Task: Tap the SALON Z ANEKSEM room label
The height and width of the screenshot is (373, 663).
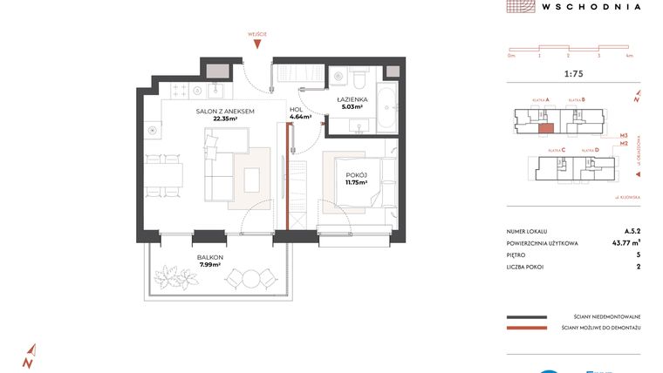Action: pyautogui.click(x=224, y=112)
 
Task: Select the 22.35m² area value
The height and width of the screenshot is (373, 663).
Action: pyautogui.click(x=224, y=119)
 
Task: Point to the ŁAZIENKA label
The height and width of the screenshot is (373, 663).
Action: pyautogui.click(x=352, y=100)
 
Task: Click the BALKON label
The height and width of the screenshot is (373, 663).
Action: pyautogui.click(x=210, y=257)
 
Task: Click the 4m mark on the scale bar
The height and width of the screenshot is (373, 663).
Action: pyautogui.click(x=629, y=55)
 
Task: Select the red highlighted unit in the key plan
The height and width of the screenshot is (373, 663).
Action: pyautogui.click(x=544, y=128)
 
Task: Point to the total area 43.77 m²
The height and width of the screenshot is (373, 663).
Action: pyautogui.click(x=625, y=242)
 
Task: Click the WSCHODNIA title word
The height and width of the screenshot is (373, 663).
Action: pyautogui.click(x=591, y=6)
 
